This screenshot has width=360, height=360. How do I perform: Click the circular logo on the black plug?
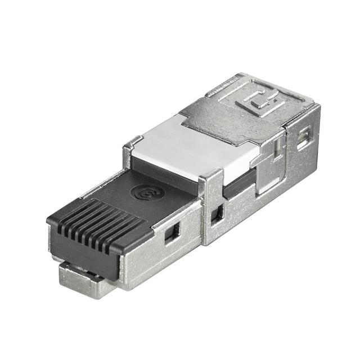(147, 193)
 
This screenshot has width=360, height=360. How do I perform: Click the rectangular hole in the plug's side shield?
(172, 231)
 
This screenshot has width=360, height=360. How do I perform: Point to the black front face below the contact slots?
(90, 253)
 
